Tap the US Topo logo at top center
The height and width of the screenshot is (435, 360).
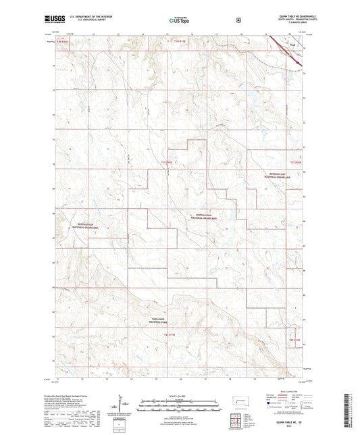tap(178, 20)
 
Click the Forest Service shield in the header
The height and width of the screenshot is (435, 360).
tap(238, 20)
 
